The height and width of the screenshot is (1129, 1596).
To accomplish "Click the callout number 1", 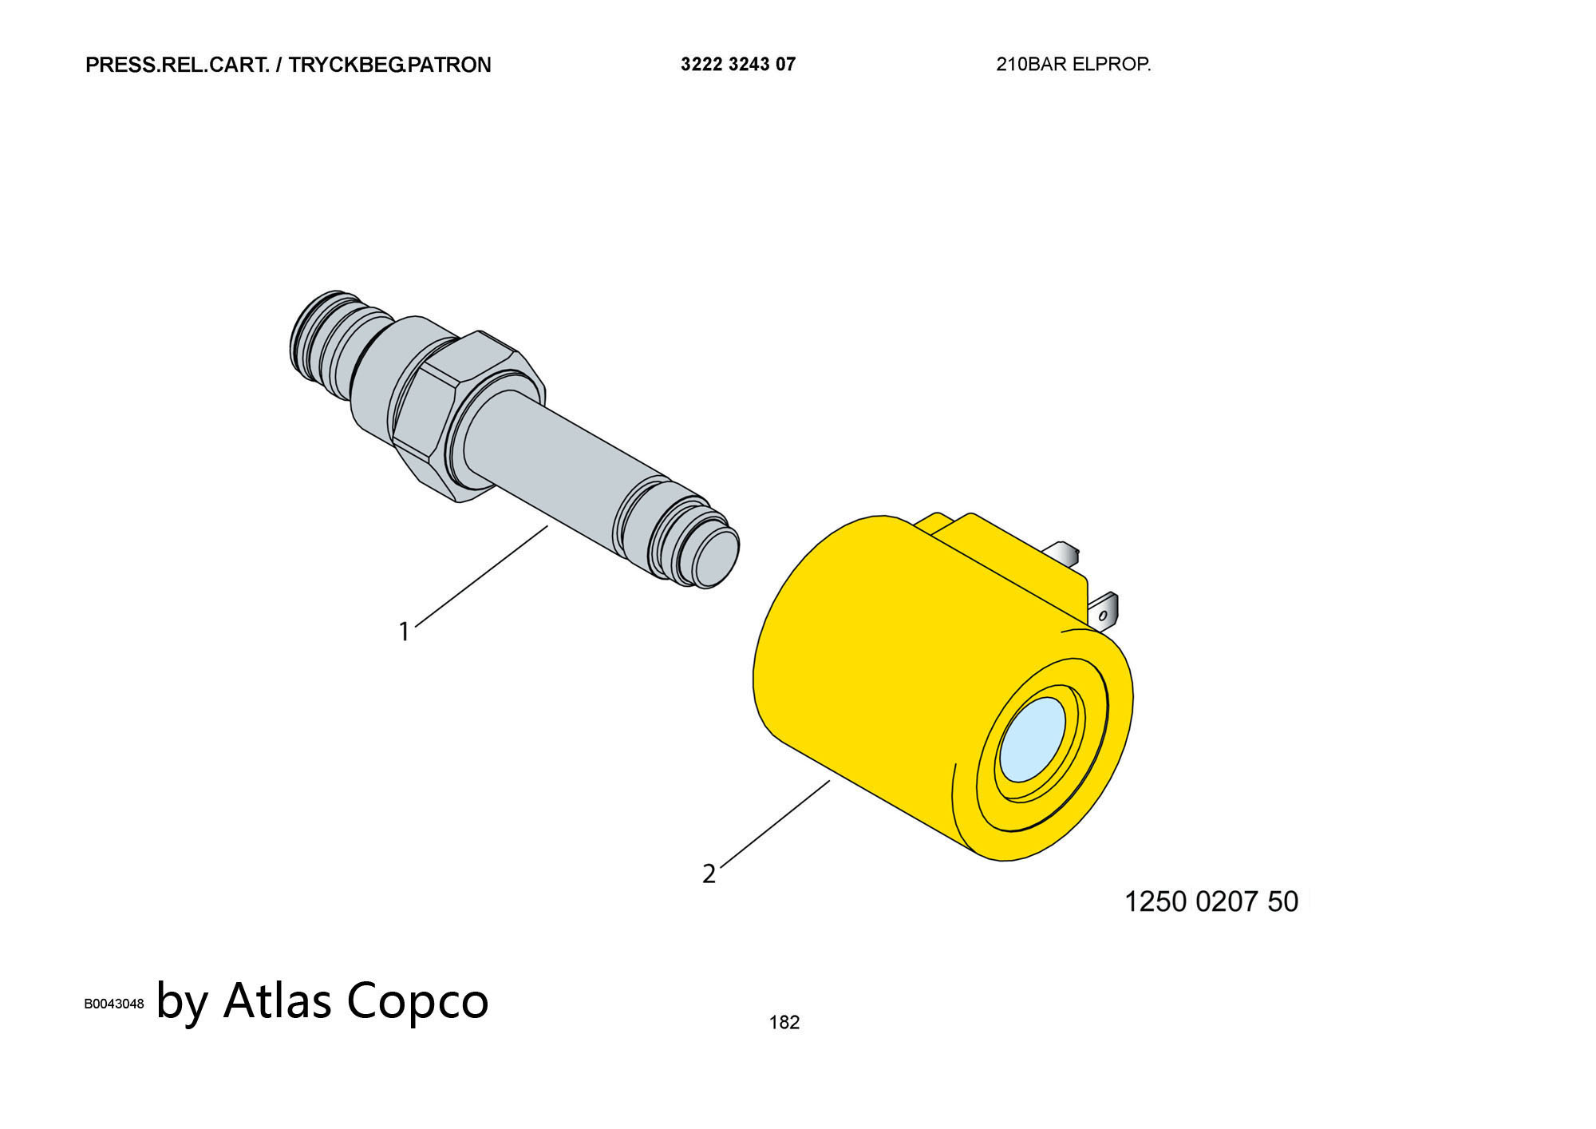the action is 404,632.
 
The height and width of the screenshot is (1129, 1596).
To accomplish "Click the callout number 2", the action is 709,874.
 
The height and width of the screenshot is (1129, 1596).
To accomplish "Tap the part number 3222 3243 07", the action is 738,64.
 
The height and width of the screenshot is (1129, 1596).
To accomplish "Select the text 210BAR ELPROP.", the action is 1073,65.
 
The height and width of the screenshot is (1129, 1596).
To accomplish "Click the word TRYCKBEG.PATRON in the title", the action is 389,65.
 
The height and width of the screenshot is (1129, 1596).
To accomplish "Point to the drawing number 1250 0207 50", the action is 1211,901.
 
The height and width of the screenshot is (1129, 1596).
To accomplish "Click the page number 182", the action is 784,1022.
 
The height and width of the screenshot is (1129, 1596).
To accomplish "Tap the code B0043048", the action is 114,1004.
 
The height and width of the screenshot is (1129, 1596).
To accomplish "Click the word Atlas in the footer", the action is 277,1000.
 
